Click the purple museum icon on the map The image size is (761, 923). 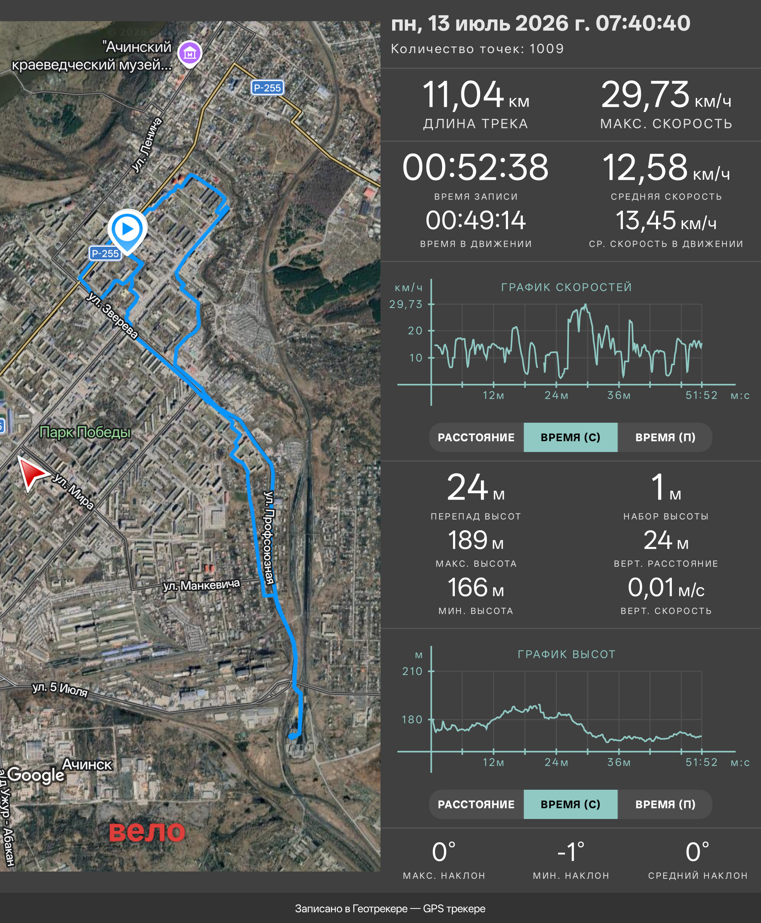point(190,54)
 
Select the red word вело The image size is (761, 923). point(147,831)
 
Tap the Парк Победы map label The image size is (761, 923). point(85,432)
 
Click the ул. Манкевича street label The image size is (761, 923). point(202,585)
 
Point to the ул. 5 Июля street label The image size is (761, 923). point(60,689)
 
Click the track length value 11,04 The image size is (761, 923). point(463,94)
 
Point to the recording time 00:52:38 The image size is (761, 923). point(476,167)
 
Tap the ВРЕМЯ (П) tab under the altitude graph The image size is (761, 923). point(665,804)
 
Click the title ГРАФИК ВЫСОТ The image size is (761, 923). point(567,654)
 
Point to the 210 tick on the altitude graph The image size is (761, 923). point(412,671)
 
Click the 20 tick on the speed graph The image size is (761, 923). point(415,330)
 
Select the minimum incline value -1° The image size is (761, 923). point(571,852)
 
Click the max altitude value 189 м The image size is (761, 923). point(476,540)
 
